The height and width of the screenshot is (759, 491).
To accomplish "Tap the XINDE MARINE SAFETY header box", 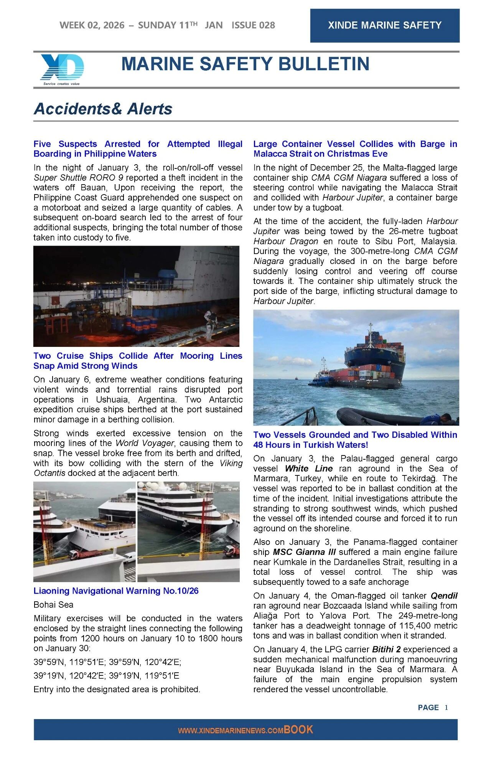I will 384,25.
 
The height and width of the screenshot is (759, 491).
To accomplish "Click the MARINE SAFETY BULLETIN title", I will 245,64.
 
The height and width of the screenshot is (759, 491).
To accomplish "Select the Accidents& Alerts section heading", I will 103,109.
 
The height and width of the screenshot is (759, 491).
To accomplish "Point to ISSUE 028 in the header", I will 253,25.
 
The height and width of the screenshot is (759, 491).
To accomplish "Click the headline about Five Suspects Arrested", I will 138,149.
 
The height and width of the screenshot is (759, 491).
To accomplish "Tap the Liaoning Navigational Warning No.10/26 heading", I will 116,591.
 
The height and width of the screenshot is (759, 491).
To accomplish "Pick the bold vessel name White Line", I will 308,469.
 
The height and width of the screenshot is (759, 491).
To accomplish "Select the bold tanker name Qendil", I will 444,596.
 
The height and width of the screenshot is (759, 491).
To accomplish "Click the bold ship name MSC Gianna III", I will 304,552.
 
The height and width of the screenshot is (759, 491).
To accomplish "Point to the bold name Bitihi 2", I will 386,650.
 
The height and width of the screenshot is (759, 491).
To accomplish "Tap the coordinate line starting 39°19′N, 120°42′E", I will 106,676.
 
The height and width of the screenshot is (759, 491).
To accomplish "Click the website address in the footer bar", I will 230,731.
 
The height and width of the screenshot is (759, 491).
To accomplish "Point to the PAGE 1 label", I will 432,708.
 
